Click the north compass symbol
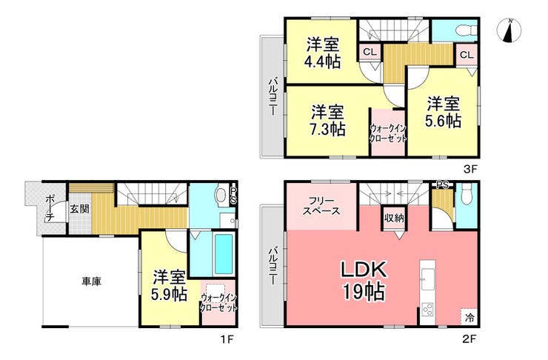point(509,31)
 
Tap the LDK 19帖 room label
point(364,280)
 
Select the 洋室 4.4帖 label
point(323,53)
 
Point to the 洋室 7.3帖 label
point(328,120)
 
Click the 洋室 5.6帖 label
point(443,112)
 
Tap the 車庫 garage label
point(92,281)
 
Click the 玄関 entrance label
point(80,209)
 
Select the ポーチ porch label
point(50,208)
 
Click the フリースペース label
point(321,206)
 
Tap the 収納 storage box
point(394,219)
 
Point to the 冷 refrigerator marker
point(470,318)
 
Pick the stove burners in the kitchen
point(427,310)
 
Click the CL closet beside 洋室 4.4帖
point(370,53)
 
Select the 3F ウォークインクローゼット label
point(388,133)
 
